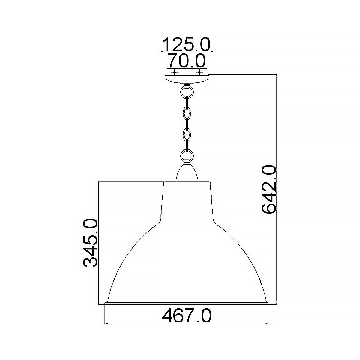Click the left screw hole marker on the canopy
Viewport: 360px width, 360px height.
coord(174,72)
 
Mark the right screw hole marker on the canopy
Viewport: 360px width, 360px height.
coord(199,72)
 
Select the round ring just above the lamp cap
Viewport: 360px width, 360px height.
coord(187,156)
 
